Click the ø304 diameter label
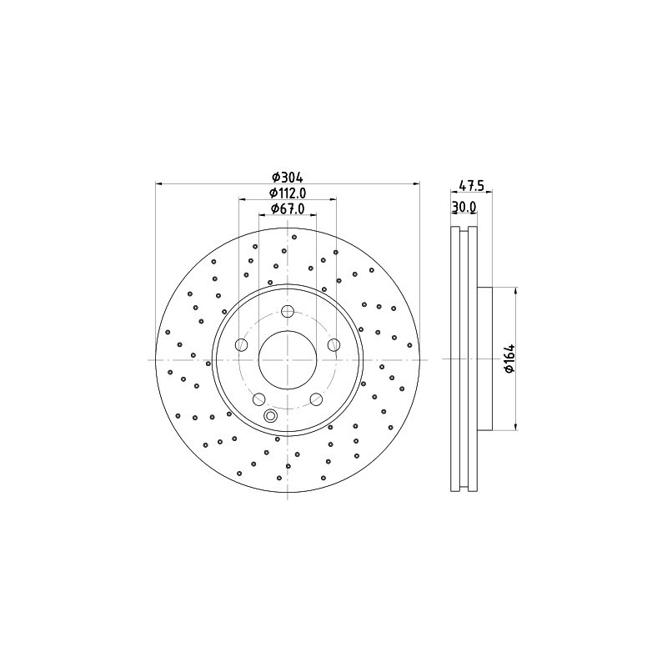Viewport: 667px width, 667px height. click(288, 177)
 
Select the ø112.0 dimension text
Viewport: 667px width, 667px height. click(288, 193)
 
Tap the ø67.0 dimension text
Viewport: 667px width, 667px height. click(288, 208)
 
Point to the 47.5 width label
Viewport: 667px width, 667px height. click(471, 185)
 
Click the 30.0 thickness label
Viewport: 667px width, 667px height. click(464, 207)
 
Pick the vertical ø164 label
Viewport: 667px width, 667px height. click(510, 359)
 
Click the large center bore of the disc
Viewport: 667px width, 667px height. click(288, 360)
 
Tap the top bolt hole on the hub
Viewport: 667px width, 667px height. click(288, 311)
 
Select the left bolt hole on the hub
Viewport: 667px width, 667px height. click(242, 345)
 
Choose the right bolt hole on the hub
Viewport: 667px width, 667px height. click(334, 345)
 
